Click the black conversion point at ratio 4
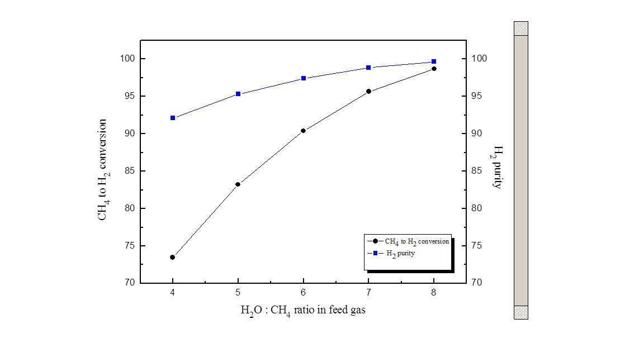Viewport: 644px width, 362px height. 173,258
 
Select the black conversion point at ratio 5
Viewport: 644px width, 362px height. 238,184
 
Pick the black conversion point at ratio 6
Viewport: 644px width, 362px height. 303,131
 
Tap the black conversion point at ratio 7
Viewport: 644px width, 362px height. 368,91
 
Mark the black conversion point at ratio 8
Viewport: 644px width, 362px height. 434,69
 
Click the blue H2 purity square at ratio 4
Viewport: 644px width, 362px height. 173,118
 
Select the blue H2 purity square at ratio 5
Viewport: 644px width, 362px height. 238,94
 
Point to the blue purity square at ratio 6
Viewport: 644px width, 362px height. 303,78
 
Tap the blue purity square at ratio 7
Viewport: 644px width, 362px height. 368,68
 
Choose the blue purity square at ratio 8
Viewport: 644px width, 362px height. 434,61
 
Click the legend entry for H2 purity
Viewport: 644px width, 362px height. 400,253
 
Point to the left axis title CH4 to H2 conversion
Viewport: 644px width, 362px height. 103,170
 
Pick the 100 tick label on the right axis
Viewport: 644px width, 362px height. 480,59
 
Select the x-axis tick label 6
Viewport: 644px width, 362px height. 303,293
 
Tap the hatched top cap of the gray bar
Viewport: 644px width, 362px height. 521,28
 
